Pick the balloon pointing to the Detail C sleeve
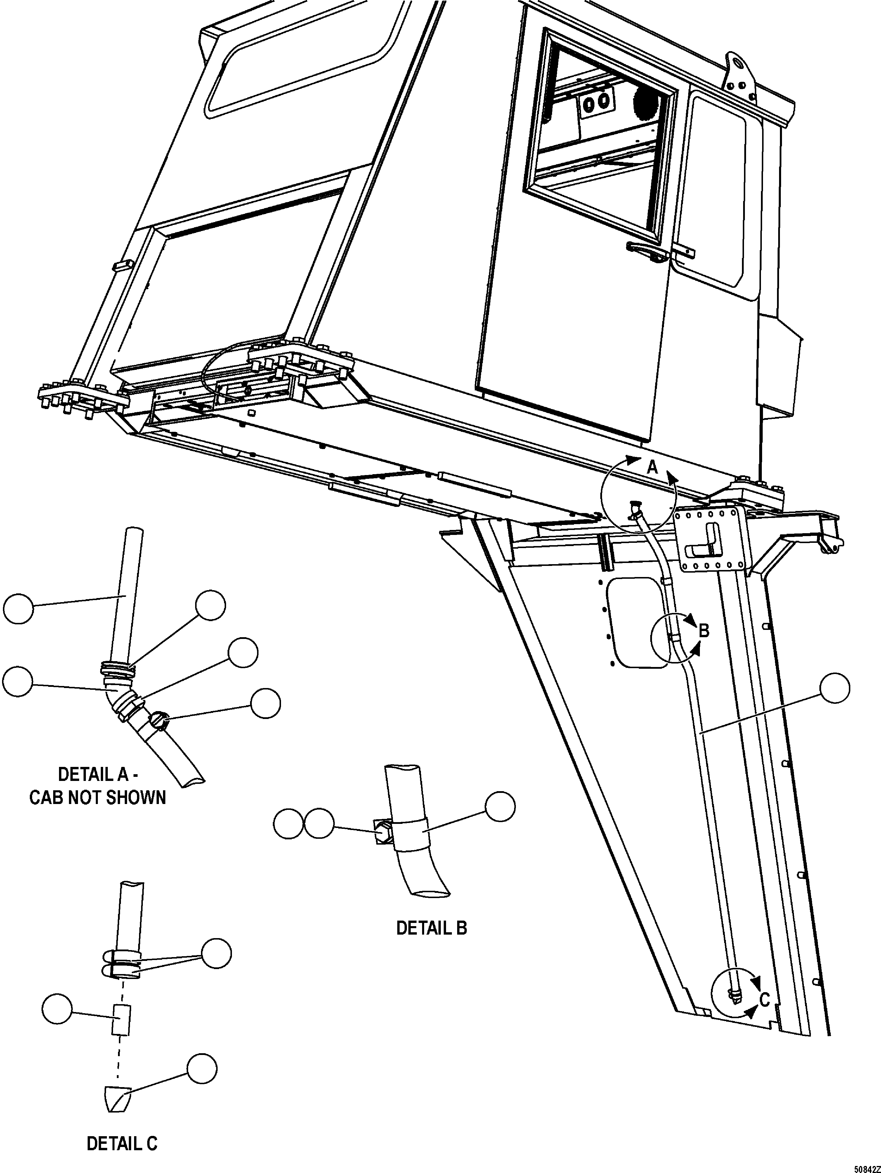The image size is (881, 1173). pos(57,1009)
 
